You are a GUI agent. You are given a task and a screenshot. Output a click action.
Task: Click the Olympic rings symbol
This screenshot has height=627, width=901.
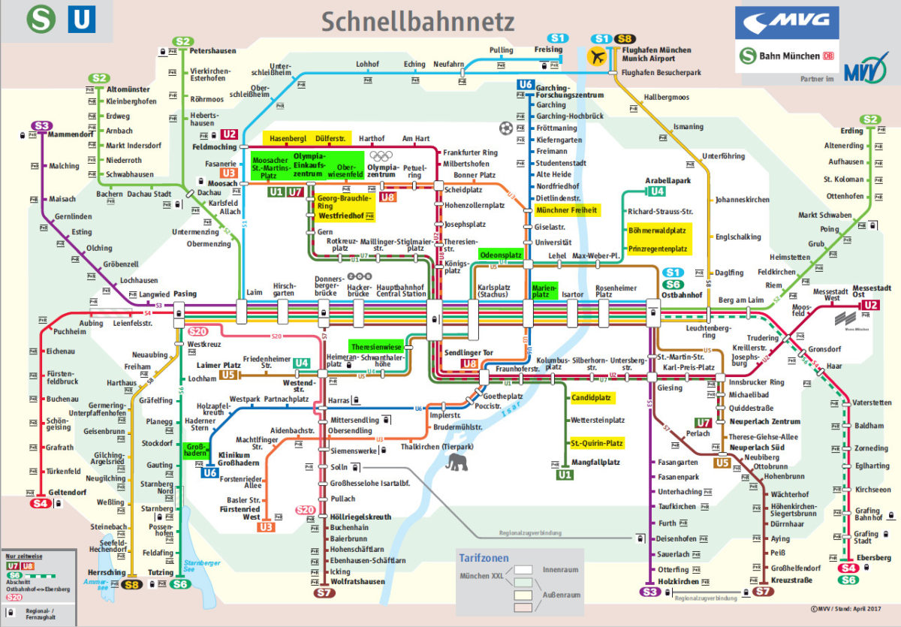click(x=383, y=156)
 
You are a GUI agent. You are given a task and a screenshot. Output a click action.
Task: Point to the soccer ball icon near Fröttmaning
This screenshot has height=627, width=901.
click(x=505, y=128)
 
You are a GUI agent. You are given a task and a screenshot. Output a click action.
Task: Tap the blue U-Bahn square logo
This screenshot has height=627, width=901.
click(x=82, y=19)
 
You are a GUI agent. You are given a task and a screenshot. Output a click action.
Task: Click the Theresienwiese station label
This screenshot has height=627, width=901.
click(x=378, y=347)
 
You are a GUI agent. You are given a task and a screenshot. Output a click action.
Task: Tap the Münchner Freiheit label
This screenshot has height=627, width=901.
click(x=566, y=210)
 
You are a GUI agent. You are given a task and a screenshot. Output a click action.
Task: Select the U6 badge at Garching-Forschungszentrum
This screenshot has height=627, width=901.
click(x=526, y=84)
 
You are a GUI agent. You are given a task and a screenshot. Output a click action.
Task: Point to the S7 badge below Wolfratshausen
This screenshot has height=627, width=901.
click(x=324, y=593)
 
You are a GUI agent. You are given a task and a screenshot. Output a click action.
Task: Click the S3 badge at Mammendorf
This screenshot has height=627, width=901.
click(x=41, y=125)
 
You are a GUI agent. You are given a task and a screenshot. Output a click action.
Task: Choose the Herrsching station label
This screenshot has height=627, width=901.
click(x=107, y=573)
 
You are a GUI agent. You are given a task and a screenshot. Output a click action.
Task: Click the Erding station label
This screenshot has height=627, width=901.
click(x=851, y=131)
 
